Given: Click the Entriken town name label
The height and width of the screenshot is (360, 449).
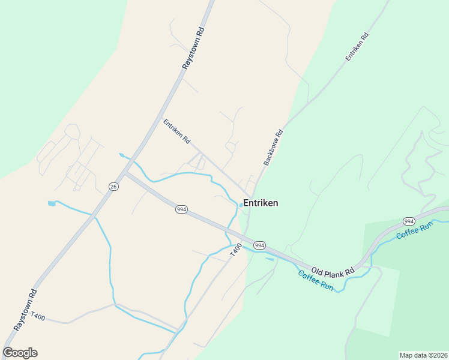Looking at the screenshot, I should pyautogui.click(x=261, y=203).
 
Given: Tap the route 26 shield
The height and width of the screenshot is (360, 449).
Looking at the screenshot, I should pyautogui.click(x=113, y=187).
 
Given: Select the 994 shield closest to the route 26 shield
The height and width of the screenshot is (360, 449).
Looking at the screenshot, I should pyautogui.click(x=181, y=209).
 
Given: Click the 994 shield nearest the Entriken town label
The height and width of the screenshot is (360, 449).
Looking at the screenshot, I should pyautogui.click(x=259, y=245).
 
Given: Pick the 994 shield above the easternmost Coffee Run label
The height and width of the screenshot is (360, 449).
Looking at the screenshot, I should pyautogui.click(x=409, y=221).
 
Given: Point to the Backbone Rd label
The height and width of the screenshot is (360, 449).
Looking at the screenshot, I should pyautogui.click(x=273, y=148).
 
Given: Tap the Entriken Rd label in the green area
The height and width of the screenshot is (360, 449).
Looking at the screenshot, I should pyautogui.click(x=357, y=46).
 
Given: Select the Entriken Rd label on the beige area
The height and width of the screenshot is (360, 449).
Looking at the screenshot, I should pyautogui.click(x=176, y=131).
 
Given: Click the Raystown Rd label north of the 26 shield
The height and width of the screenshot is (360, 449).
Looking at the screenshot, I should pyautogui.click(x=193, y=49).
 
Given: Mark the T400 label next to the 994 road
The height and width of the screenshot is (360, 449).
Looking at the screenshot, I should pyautogui.click(x=235, y=250).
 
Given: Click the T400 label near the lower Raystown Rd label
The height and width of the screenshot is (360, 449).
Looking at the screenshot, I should pyautogui.click(x=37, y=316).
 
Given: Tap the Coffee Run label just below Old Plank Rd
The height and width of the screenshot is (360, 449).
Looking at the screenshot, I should pyautogui.click(x=316, y=281).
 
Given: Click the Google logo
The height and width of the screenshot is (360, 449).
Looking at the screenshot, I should pyautogui.click(x=20, y=353).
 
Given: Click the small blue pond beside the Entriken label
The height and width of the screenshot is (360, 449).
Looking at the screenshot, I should pyautogui.click(x=241, y=205).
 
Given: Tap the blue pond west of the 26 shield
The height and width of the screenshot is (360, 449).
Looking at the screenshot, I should pyautogui.click(x=52, y=203).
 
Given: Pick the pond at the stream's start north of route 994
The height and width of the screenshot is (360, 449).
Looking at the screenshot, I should pyautogui.click(x=122, y=155).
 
